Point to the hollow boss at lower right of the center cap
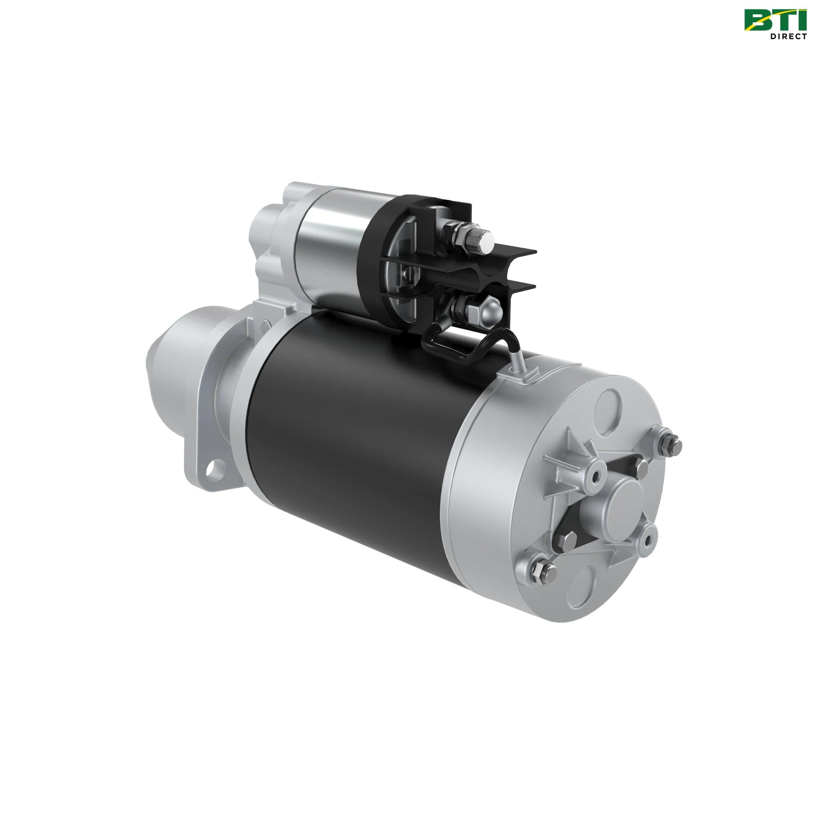[645, 540]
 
